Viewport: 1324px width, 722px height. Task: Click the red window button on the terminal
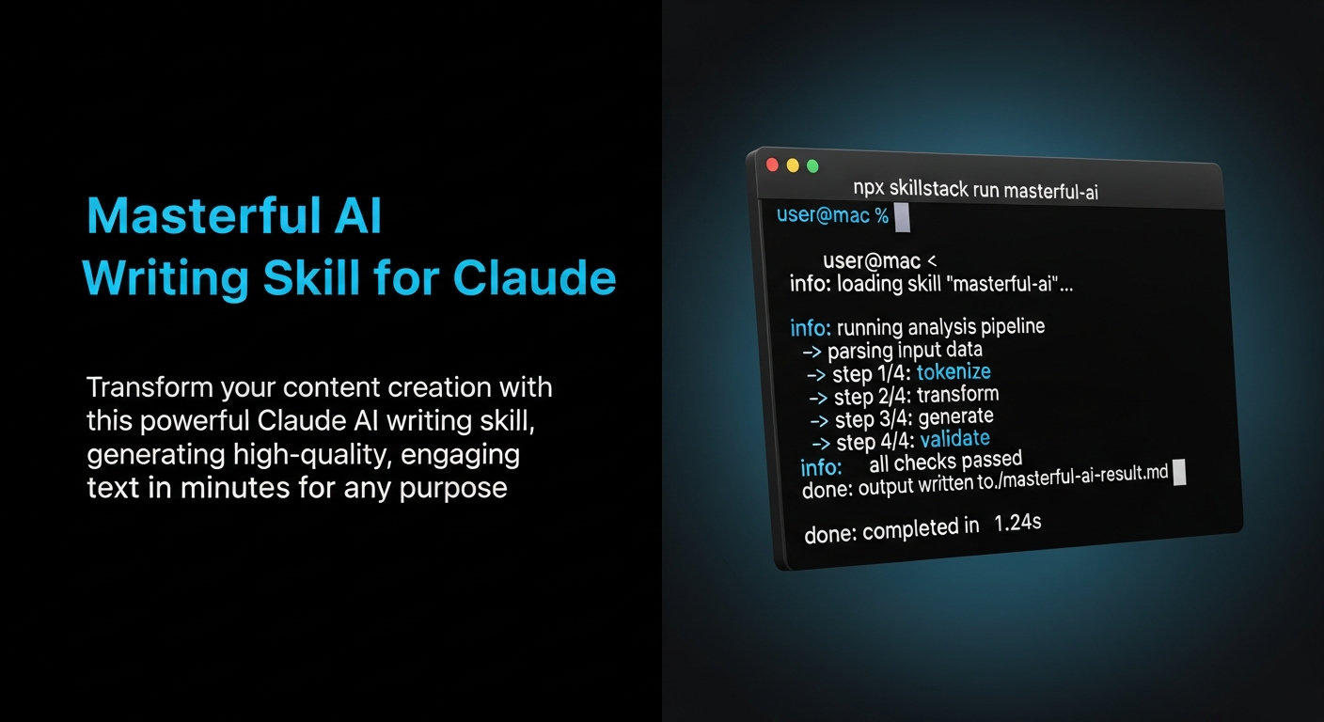[x=773, y=164]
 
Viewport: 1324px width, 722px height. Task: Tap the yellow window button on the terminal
[x=793, y=165]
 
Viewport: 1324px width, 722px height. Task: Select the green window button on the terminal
[x=812, y=166]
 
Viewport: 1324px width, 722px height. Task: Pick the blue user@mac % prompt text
[x=832, y=215]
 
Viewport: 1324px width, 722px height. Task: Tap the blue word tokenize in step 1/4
[x=954, y=372]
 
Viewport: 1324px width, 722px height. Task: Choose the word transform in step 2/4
[x=957, y=395]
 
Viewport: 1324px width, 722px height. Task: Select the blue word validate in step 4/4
[x=954, y=439]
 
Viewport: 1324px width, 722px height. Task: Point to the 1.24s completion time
[x=1017, y=523]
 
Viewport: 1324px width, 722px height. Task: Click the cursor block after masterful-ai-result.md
[x=1180, y=472]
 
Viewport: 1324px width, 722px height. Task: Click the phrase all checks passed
[x=945, y=462]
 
